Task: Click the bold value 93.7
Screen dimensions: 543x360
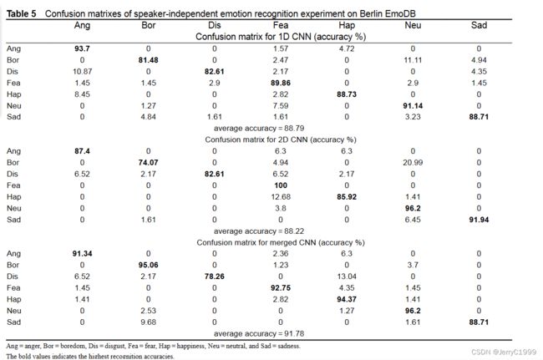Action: pos(82,48)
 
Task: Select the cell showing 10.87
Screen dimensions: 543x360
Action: pos(82,71)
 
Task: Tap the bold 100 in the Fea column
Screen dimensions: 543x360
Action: pos(281,185)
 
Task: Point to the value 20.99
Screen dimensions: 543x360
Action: pos(413,162)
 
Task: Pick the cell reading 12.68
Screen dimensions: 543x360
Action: pos(281,196)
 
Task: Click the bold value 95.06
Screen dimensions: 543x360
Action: pos(148,265)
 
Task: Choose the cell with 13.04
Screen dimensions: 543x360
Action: pos(347,276)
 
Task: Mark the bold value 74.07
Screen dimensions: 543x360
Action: pos(148,162)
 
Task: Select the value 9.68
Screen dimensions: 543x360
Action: pos(148,322)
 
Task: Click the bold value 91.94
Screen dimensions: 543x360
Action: pos(479,220)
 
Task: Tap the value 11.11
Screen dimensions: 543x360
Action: pos(413,60)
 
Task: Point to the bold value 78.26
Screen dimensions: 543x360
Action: pos(215,276)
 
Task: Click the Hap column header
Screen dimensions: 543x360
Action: pos(347,25)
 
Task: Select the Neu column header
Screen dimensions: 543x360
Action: pos(413,25)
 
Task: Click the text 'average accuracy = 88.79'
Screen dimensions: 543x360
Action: pos(259,129)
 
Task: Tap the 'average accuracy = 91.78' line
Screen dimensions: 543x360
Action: pos(259,334)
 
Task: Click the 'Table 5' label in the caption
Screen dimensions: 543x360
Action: pos(22,14)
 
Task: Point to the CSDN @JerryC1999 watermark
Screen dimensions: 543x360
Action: pos(504,352)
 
